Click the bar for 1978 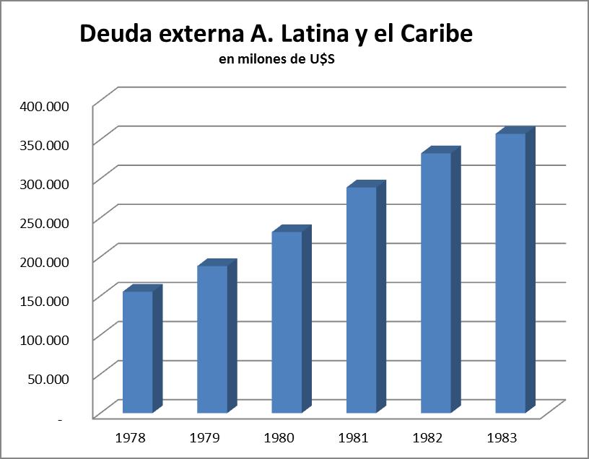(x=138, y=352)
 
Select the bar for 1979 (x=212, y=339)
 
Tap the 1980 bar (x=287, y=322)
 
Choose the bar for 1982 (x=436, y=283)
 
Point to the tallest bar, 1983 (x=510, y=274)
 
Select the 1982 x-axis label (x=427, y=437)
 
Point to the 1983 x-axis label (x=502, y=437)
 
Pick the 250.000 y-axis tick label (x=44, y=222)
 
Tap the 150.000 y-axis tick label (x=44, y=300)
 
